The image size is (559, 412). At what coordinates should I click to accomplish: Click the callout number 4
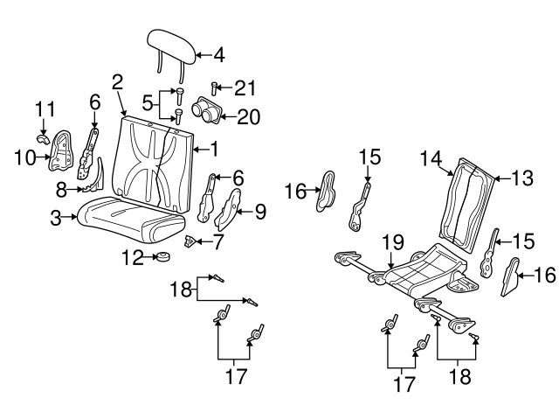(219, 55)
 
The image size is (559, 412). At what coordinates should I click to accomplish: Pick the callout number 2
(117, 83)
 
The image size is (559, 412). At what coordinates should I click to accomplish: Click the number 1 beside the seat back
(213, 148)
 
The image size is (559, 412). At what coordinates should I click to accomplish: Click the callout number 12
(132, 257)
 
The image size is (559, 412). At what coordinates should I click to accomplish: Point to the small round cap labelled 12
(161, 257)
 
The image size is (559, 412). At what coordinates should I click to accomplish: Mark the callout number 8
(61, 188)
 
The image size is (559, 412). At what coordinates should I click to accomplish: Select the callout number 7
(218, 239)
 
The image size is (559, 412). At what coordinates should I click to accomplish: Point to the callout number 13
(521, 178)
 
